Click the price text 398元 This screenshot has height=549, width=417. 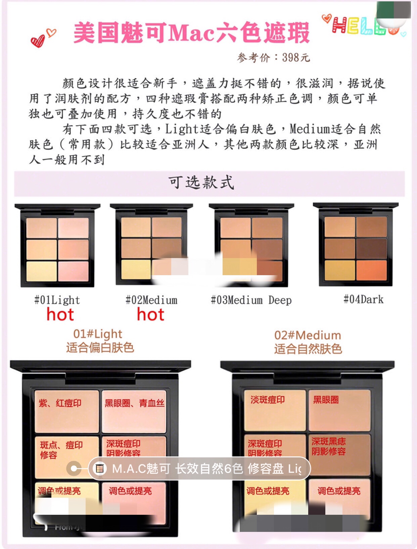point(295,58)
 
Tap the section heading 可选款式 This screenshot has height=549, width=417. point(201,183)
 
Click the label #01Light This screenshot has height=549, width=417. point(57,300)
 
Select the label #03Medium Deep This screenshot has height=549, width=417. point(251,300)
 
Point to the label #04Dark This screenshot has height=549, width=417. point(363,299)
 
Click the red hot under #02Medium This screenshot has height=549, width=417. point(150,315)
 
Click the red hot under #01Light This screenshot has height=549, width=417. point(60,315)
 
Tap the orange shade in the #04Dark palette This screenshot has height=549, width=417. point(371,270)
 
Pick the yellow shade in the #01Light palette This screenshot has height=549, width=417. point(42,271)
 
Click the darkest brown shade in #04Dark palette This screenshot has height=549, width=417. point(371,249)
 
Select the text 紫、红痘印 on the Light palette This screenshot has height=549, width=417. point(60,403)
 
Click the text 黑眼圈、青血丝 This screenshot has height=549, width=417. point(134,403)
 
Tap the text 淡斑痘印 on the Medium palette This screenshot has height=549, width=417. point(268,400)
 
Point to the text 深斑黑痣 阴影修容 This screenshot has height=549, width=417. point(328,446)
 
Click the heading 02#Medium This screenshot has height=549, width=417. point(308,335)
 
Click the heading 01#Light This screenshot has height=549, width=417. point(98,334)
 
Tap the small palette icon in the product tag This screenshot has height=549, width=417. point(99,468)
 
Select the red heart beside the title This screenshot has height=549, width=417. point(38,41)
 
